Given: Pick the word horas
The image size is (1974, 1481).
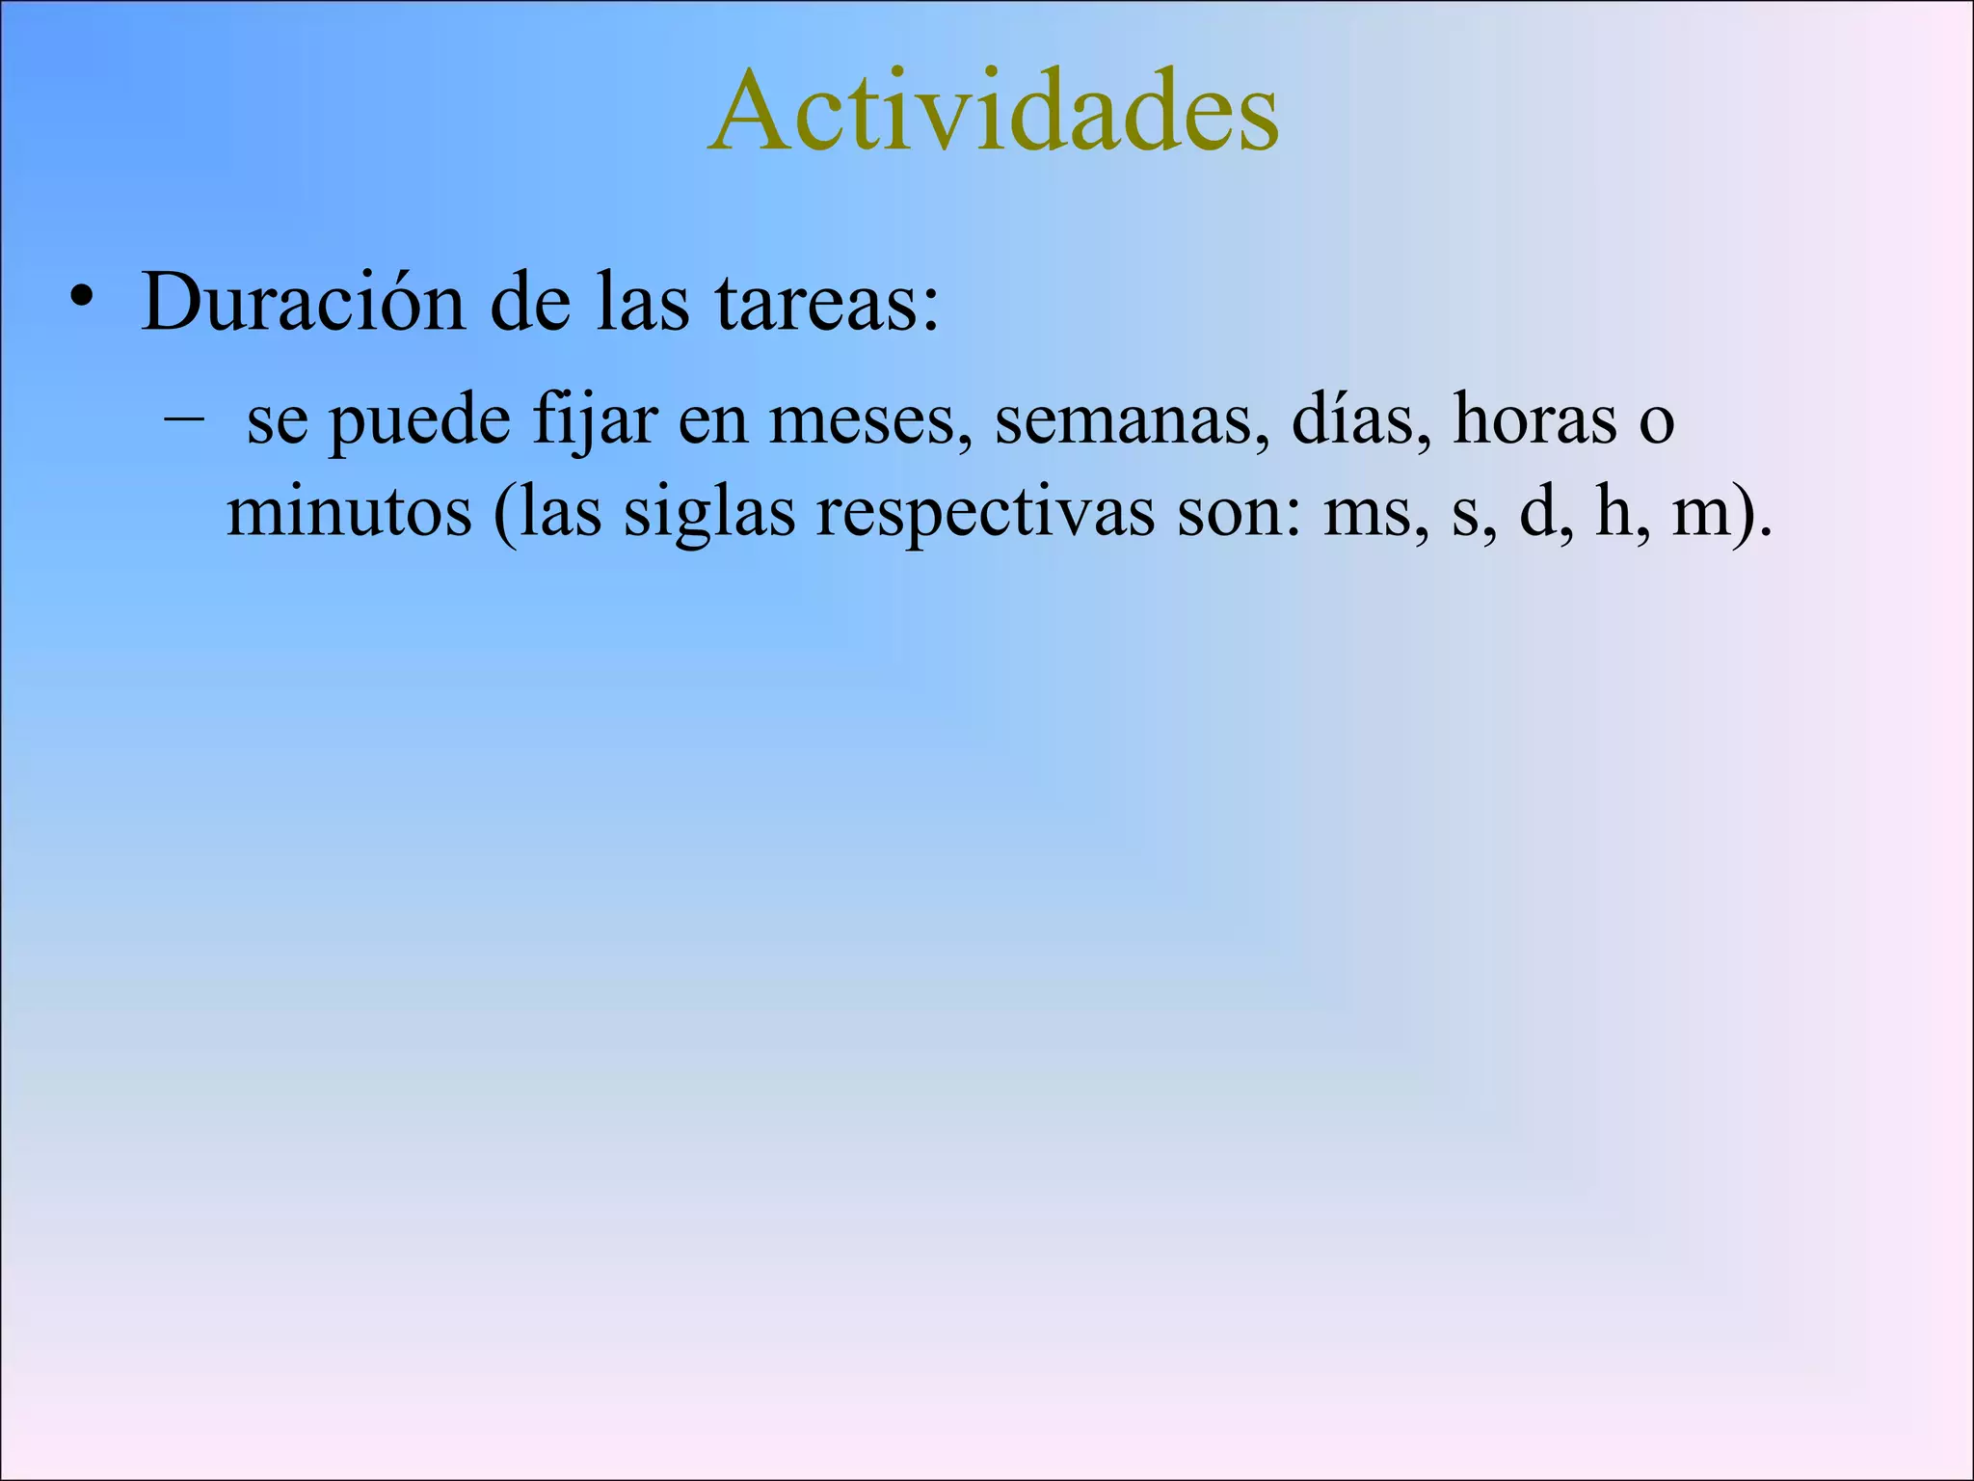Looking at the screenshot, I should tap(1534, 420).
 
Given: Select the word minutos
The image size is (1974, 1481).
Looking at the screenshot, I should tap(349, 512).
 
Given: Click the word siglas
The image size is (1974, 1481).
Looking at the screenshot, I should tap(709, 514).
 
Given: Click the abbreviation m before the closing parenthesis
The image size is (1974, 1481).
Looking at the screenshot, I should tap(1703, 514).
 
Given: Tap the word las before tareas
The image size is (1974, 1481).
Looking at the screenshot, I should tap(643, 302).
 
